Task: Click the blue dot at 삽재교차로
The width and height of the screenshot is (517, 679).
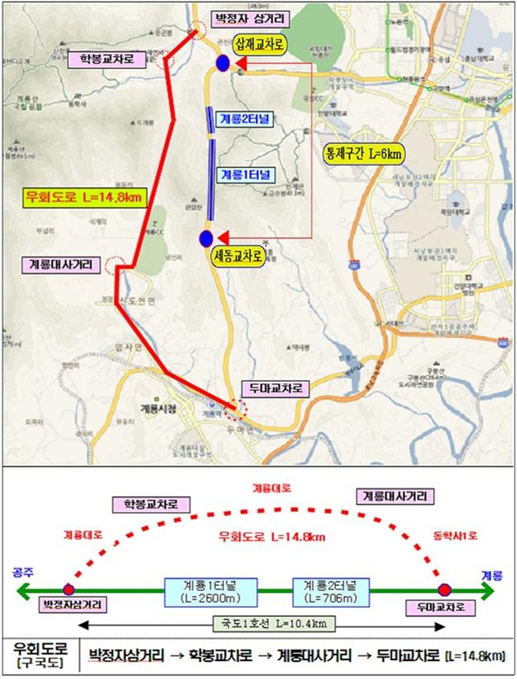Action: pos(222,63)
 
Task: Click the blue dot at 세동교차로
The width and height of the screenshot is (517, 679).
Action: pos(206,238)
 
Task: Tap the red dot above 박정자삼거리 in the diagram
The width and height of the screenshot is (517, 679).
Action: pos(68,590)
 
